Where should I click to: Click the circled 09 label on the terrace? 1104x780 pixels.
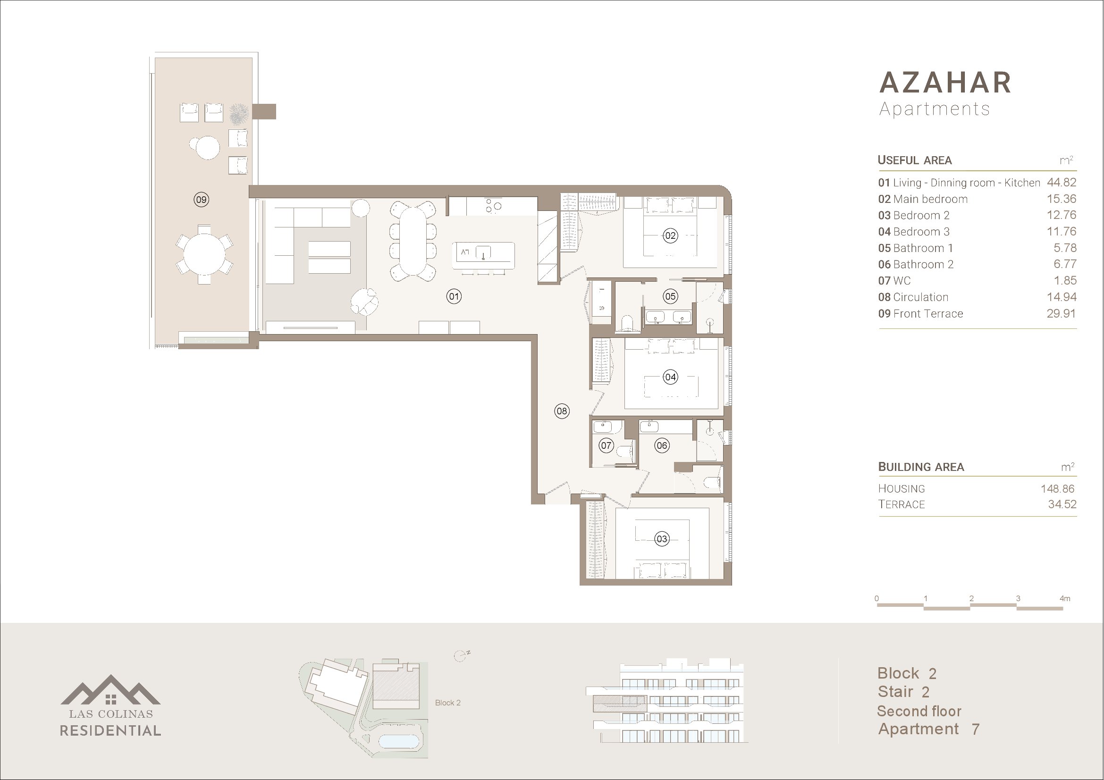pyautogui.click(x=201, y=200)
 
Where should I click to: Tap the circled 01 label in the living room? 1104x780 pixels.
pyautogui.click(x=454, y=296)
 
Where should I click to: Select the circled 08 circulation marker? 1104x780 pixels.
pyautogui.click(x=562, y=411)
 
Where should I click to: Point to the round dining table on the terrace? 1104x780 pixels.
pyautogui.click(x=204, y=254)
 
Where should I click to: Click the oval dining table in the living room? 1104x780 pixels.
pyautogui.click(x=413, y=241)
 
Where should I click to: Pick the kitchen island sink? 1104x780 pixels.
pyautogui.click(x=483, y=252)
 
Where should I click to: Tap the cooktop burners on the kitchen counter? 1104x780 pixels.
pyautogui.click(x=493, y=206)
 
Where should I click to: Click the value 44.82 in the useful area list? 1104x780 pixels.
pyautogui.click(x=1062, y=182)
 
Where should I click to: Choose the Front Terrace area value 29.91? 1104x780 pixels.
pyautogui.click(x=1062, y=313)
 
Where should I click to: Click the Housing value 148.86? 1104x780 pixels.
pyautogui.click(x=1057, y=489)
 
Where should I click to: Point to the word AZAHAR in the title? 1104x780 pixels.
pyautogui.click(x=945, y=83)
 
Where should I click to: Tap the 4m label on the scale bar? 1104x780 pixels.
pyautogui.click(x=1065, y=598)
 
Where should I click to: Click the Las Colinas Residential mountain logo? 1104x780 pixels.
pyautogui.click(x=110, y=690)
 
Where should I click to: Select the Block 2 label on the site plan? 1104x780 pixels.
pyautogui.click(x=447, y=703)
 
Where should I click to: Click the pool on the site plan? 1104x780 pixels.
pyautogui.click(x=399, y=740)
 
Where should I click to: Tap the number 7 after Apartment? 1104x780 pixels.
pyautogui.click(x=975, y=730)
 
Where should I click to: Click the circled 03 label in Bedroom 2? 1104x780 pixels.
pyautogui.click(x=662, y=539)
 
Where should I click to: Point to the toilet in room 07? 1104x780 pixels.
pyautogui.click(x=624, y=451)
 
